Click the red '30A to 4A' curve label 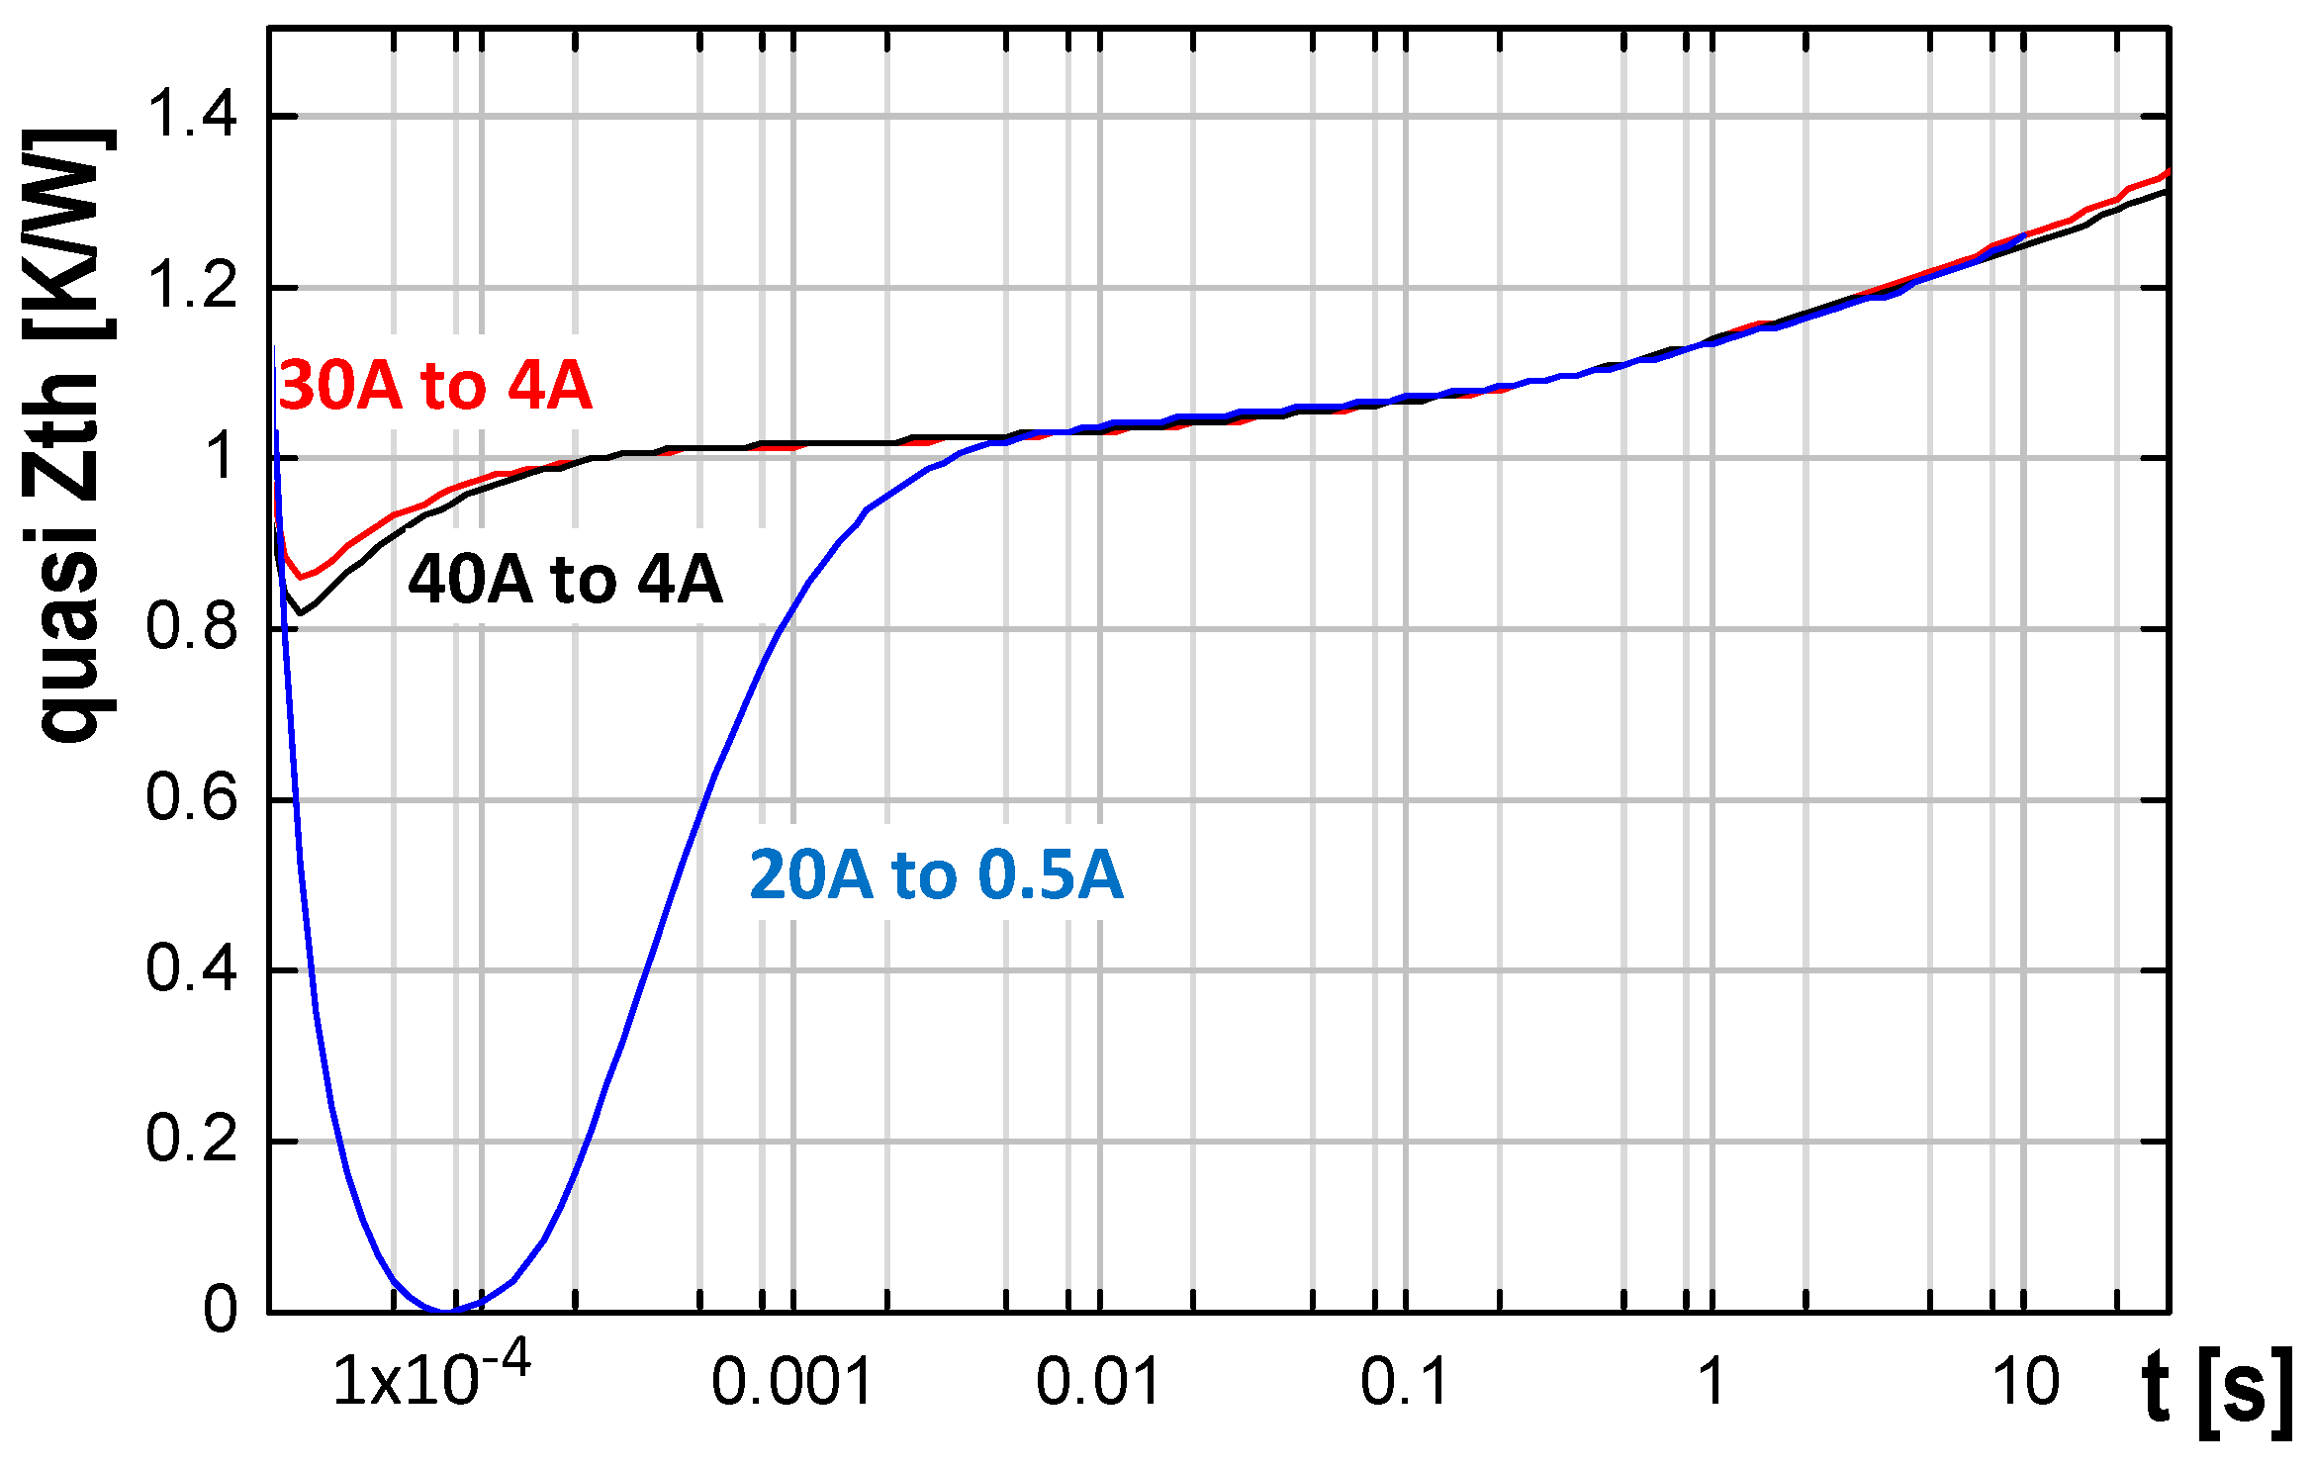[x=435, y=386]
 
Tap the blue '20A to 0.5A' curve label [x=936, y=875]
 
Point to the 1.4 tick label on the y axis [x=192, y=115]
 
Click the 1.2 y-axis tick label [x=192, y=287]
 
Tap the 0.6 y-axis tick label [x=192, y=798]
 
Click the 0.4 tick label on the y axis [x=192, y=969]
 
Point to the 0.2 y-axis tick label [x=192, y=1140]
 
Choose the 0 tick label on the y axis [x=220, y=1311]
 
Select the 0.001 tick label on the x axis [x=791, y=1382]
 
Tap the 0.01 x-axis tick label [x=1098, y=1382]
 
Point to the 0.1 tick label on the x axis [x=1405, y=1382]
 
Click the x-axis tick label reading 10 [x=2025, y=1382]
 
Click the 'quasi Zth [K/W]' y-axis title [x=74, y=435]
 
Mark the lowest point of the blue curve [x=447, y=1311]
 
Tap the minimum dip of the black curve [x=300, y=613]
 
